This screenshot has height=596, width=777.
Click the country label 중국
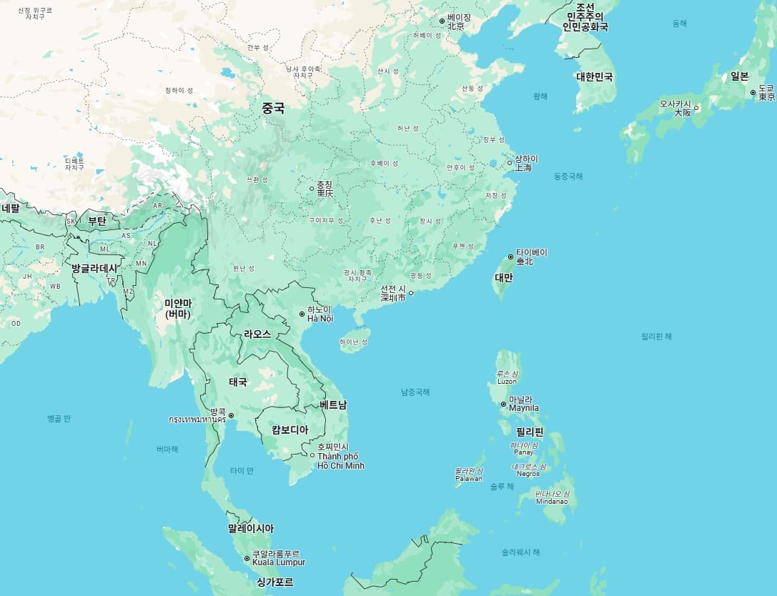(273, 109)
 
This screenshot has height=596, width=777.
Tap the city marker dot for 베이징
(442, 21)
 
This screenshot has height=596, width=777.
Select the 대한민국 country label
(595, 76)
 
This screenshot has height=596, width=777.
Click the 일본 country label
(739, 76)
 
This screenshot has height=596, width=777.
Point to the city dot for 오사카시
(696, 108)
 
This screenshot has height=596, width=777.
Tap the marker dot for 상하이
(510, 163)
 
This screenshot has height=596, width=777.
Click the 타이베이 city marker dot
(510, 257)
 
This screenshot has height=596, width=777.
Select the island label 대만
(504, 277)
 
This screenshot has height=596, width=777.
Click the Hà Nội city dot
(302, 314)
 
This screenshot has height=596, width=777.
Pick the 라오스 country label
(257, 334)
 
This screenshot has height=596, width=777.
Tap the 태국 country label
(238, 382)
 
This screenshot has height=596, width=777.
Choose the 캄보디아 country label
(290, 429)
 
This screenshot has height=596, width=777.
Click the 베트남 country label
(333, 404)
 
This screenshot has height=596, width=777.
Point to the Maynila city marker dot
(503, 404)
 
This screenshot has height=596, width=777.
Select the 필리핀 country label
(530, 432)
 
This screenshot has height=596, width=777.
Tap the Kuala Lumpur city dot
(247, 558)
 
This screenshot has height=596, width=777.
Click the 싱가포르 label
(275, 582)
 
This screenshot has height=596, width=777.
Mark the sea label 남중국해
(415, 392)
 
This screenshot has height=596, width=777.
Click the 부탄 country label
(96, 221)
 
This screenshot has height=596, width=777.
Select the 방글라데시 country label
(94, 268)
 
